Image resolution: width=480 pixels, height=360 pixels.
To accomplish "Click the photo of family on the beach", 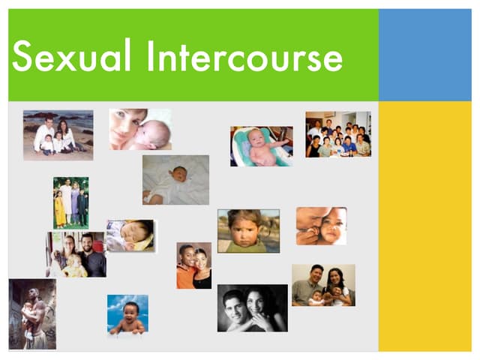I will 58,135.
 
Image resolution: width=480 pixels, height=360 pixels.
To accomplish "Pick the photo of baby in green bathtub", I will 261,145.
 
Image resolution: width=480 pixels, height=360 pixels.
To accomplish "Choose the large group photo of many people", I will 337,134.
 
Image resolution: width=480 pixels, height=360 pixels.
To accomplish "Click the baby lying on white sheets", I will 175,180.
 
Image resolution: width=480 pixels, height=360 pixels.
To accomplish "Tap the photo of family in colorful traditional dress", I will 70,202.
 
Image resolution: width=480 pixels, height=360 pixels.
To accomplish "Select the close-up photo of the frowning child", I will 248,230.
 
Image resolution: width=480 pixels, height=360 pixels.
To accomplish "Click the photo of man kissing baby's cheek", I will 321,226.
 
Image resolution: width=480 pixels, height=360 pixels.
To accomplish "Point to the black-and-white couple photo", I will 252,307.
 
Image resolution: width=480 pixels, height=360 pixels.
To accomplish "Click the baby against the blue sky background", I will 127,314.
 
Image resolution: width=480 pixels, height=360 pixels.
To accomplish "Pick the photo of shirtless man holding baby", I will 32,313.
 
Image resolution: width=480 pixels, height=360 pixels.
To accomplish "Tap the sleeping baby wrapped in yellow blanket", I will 130,235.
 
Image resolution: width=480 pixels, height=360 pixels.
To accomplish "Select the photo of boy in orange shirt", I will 193,265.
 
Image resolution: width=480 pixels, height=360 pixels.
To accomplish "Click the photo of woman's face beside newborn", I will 139,129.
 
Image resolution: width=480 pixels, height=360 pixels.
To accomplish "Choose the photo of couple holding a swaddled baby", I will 323,285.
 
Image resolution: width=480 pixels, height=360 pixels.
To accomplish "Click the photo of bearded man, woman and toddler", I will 76,254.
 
